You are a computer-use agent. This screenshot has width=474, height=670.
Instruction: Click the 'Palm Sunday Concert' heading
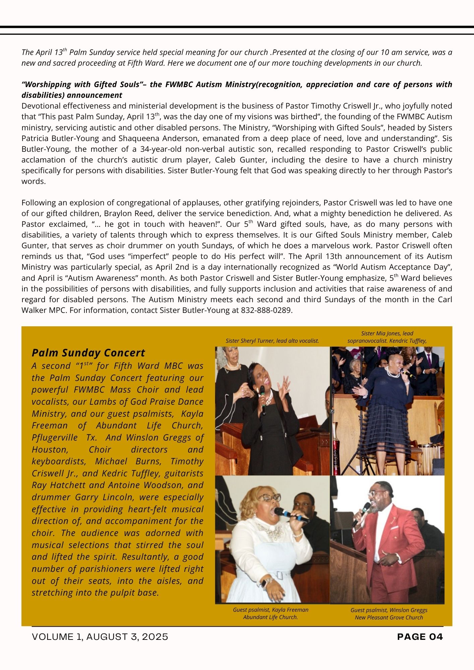[x=88, y=353]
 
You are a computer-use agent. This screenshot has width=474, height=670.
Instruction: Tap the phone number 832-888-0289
[x=266, y=310]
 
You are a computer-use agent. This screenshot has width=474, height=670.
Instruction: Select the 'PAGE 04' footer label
[x=420, y=636]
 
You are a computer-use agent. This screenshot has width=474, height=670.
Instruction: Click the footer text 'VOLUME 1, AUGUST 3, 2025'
[x=100, y=636]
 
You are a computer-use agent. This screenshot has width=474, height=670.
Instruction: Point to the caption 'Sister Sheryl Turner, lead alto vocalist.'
[x=272, y=341]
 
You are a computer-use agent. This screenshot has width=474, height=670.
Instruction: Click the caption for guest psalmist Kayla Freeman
[x=271, y=613]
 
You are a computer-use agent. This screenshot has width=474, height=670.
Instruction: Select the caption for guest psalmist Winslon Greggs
[x=389, y=614]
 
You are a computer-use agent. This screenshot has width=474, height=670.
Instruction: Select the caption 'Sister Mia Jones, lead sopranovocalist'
[x=387, y=337]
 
